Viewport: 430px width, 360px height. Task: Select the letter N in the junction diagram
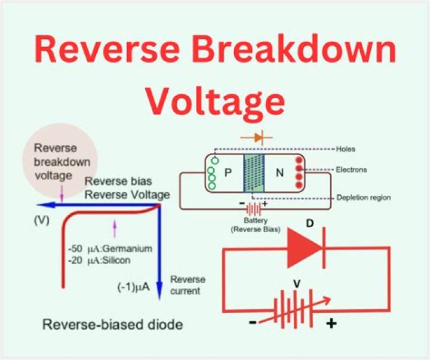[x=279, y=173]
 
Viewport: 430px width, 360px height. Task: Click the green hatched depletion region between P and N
[x=254, y=173]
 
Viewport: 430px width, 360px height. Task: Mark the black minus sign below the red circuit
[x=253, y=323]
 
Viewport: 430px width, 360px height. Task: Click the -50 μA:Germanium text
[x=110, y=248]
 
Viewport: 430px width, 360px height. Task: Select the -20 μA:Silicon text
[x=102, y=260]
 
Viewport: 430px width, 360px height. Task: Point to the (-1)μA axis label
[x=133, y=287]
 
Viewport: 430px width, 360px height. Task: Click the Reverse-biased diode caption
[x=112, y=325]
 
